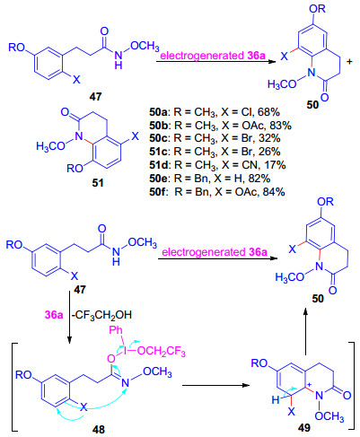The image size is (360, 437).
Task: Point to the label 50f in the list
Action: [x=158, y=192]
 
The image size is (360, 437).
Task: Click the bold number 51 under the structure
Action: [x=98, y=182]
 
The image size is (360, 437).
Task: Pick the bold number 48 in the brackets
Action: [x=99, y=430]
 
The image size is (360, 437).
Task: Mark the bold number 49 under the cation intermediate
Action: [x=304, y=428]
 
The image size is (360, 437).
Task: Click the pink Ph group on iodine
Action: [x=116, y=330]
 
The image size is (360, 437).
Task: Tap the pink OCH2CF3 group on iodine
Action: [x=162, y=351]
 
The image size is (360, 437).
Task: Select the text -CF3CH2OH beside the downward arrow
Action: [x=101, y=315]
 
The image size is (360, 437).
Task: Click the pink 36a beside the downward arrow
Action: [x=54, y=315]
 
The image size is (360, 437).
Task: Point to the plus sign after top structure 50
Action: [x=349, y=62]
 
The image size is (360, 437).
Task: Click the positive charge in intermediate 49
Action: [x=311, y=384]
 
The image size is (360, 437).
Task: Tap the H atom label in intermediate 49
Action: [x=276, y=399]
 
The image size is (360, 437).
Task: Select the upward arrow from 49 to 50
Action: [x=305, y=332]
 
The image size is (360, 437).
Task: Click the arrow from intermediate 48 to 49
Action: [x=215, y=385]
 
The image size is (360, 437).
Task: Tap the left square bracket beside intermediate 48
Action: [x=14, y=387]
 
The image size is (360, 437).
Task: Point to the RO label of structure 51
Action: [x=75, y=169]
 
